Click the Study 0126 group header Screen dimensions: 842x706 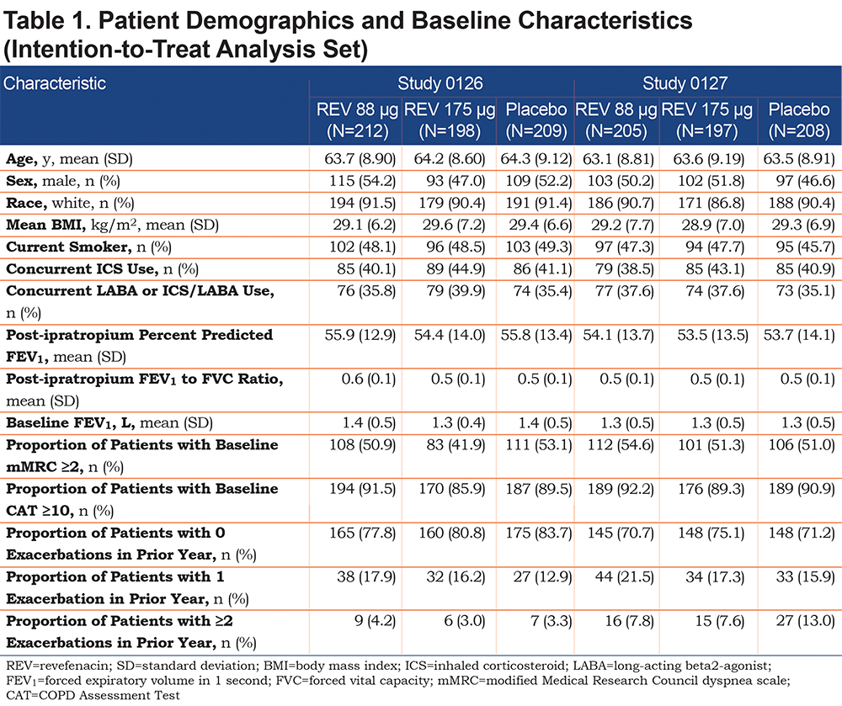[x=440, y=83]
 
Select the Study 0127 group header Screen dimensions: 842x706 [x=685, y=83]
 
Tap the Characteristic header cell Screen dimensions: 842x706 [x=54, y=83]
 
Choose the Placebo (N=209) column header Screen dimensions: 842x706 [x=536, y=120]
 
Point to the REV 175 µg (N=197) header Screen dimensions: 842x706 [x=706, y=120]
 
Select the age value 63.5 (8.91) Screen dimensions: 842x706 [x=799, y=159]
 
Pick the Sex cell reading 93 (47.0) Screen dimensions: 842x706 [x=456, y=181]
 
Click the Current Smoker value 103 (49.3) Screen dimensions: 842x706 [x=539, y=247]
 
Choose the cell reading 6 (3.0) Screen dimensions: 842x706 [x=465, y=621]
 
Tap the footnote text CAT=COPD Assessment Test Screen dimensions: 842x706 [x=93, y=696]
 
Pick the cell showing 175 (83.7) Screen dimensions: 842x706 [x=539, y=533]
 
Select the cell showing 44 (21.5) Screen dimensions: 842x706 [x=625, y=576]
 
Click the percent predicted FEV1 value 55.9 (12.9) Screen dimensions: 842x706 [x=360, y=335]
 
